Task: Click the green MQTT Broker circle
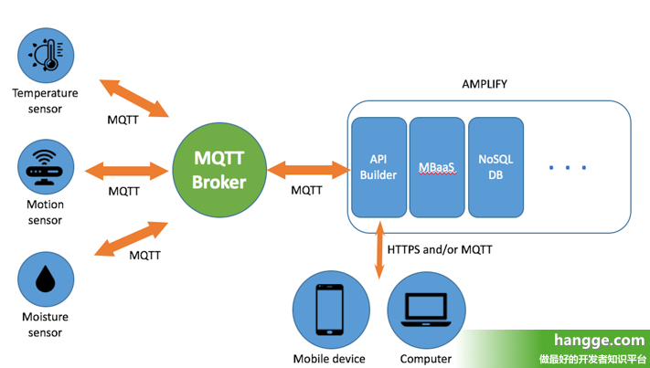click(x=218, y=171)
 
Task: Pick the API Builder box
click(x=378, y=166)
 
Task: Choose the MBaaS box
click(x=435, y=166)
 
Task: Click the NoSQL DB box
click(x=495, y=166)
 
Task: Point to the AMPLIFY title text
click(x=485, y=84)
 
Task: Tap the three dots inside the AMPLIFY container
click(x=568, y=167)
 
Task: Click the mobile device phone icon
click(x=328, y=311)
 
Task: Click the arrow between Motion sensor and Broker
click(x=127, y=170)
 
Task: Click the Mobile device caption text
click(x=329, y=359)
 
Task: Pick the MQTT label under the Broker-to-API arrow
click(x=306, y=191)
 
